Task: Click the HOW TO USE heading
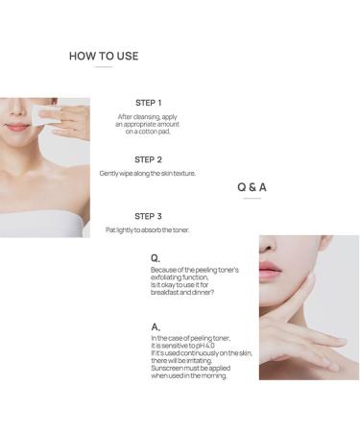tap(104, 56)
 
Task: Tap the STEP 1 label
tap(148, 103)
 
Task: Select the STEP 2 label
tap(148, 159)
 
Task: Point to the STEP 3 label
tap(148, 216)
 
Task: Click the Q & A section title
tap(252, 187)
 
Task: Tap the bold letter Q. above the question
tap(156, 258)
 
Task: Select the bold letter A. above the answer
tap(156, 326)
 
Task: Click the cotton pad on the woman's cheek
tap(46, 114)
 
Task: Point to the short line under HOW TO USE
tap(104, 67)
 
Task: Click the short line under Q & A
tap(252, 199)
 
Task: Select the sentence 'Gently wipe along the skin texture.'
tap(148, 174)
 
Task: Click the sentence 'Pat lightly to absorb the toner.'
tap(148, 230)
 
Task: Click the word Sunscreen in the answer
tap(169, 367)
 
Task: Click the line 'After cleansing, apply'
tap(148, 116)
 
